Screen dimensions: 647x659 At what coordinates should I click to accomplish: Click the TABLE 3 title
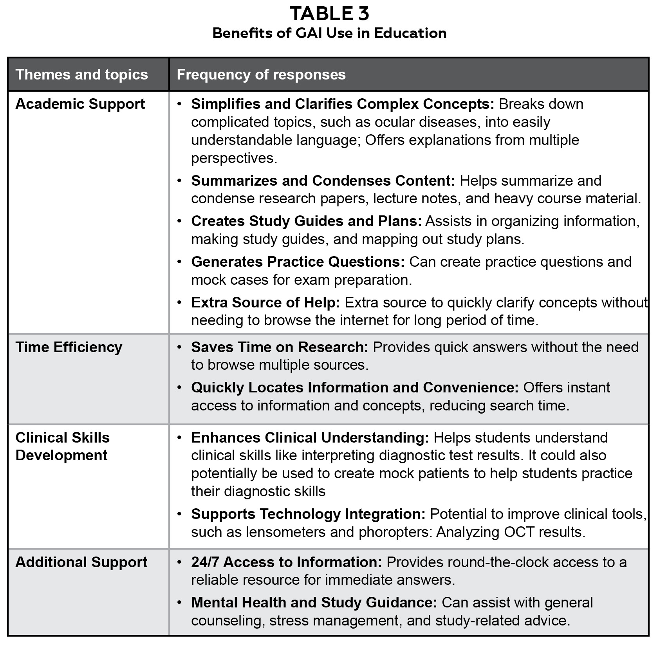point(329,14)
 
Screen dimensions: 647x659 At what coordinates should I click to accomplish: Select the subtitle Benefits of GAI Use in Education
point(329,33)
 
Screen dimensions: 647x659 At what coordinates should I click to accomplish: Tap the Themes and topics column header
point(81,74)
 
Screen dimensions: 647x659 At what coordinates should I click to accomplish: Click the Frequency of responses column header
point(261,74)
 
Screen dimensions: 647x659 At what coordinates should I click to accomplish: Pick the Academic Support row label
point(80,104)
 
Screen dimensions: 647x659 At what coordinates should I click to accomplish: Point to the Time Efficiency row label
point(69,347)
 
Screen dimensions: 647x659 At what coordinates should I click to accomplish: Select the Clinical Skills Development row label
point(62,446)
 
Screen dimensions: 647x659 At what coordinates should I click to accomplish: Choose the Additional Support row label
point(81,562)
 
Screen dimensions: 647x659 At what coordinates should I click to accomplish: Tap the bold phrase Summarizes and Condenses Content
point(323,181)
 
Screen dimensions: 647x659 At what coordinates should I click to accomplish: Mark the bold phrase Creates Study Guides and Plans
point(306,221)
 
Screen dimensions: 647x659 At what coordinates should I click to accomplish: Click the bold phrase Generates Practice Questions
point(298,262)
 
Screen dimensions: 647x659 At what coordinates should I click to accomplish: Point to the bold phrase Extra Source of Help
point(265,303)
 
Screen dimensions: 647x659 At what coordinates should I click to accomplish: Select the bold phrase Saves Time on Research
point(280,347)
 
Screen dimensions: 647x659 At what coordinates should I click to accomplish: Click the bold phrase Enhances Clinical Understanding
point(310,438)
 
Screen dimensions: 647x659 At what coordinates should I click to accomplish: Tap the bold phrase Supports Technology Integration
point(308,514)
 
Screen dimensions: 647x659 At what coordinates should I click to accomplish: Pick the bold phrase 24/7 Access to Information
point(286,562)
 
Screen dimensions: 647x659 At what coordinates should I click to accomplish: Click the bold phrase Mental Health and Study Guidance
point(314,603)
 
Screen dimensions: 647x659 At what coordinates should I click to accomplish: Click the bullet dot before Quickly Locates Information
point(179,388)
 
